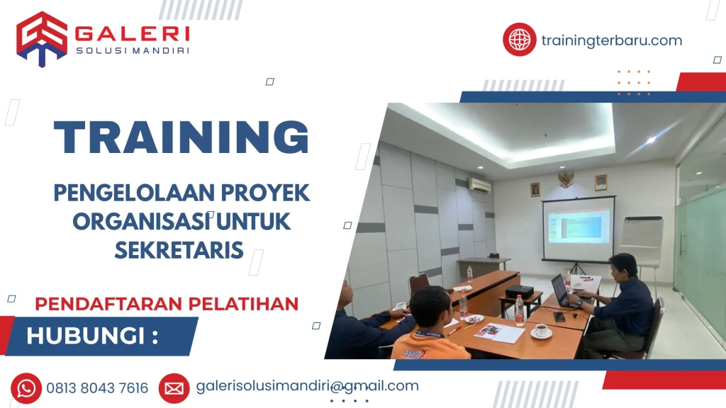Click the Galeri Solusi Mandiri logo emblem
pos(42,39)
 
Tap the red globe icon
pos(520,40)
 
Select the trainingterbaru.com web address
pos(612,40)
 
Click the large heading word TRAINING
pos(181,137)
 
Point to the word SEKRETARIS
pos(179,250)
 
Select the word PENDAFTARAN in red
pos(108,304)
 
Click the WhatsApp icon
pos(26,388)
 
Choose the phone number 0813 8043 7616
pos(97,388)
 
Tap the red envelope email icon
pos(174,389)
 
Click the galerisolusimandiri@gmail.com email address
pos(308,386)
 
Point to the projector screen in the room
pos(579,228)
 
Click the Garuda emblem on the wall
pos(566,179)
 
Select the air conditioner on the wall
pos(480,185)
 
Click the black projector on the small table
pos(519,292)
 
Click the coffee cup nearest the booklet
pos(541,331)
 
